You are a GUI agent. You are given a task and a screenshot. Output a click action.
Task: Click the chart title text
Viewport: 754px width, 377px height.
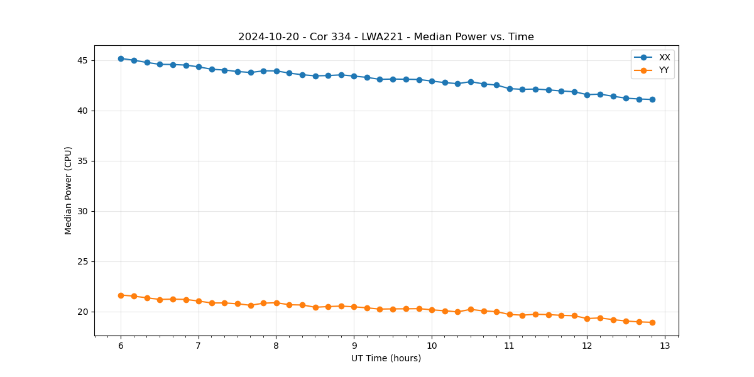[x=386, y=37]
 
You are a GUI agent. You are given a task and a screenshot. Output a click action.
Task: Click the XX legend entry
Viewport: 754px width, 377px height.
[x=664, y=57]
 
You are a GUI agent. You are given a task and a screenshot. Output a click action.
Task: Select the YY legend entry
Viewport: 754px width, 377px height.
[x=664, y=70]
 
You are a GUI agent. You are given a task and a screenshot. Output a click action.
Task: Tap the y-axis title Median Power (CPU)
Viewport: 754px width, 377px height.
[x=68, y=190]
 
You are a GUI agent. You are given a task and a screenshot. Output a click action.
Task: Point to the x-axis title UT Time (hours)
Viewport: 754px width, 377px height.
[x=386, y=358]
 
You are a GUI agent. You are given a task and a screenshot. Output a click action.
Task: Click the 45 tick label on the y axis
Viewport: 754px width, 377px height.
[x=83, y=61]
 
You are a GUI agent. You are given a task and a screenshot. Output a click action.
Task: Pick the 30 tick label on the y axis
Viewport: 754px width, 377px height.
[x=83, y=212]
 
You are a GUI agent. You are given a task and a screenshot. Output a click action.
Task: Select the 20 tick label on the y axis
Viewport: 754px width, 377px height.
[x=83, y=312]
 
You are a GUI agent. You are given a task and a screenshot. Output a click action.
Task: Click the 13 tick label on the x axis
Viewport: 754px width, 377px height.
[x=665, y=346]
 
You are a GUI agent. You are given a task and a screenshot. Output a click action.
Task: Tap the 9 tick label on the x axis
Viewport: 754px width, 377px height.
[x=354, y=346]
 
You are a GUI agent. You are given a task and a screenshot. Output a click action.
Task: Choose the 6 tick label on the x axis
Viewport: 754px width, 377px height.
[x=121, y=346]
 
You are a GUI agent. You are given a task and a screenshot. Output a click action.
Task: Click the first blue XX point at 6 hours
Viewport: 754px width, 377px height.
[x=121, y=58]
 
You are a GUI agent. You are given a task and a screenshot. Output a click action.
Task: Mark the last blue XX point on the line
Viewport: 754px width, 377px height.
[x=652, y=99]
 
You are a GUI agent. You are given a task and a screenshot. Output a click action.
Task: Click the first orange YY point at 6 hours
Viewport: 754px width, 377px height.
[x=121, y=295]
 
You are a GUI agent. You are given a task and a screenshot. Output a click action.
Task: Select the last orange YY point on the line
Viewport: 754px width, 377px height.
[x=652, y=322]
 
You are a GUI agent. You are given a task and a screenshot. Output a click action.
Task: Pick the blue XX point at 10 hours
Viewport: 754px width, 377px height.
[x=432, y=81]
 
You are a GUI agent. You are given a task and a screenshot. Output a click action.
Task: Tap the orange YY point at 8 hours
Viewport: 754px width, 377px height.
[x=276, y=303]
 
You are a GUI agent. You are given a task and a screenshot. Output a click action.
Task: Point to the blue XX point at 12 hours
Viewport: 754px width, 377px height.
[x=587, y=95]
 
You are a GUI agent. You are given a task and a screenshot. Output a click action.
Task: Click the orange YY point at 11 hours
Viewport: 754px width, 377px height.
[x=510, y=314]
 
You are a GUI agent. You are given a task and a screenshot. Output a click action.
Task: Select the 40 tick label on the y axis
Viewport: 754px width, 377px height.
[x=83, y=111]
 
